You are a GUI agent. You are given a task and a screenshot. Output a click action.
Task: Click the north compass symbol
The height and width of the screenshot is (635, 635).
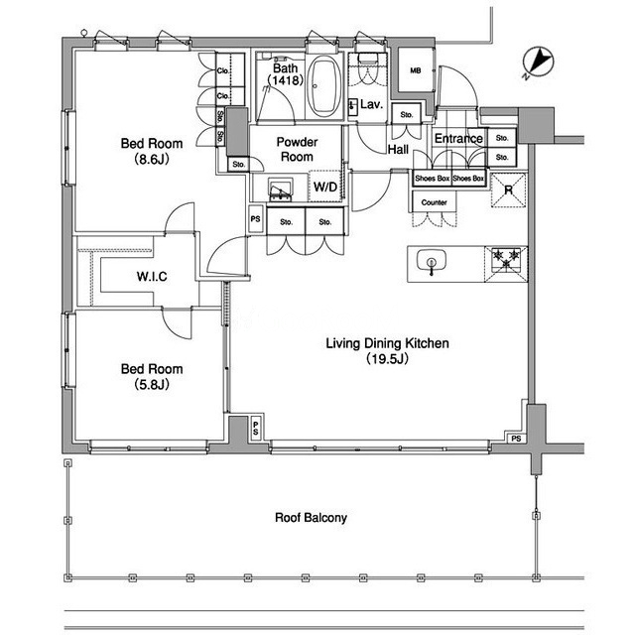[538, 62]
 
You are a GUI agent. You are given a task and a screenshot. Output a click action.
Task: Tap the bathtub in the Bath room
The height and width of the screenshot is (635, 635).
[323, 86]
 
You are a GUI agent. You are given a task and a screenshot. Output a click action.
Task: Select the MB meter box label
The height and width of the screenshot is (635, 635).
[416, 70]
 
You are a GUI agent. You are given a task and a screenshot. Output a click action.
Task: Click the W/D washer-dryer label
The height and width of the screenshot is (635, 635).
[325, 187]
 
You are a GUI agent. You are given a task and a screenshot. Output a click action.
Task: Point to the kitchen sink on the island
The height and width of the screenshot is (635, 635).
[432, 262]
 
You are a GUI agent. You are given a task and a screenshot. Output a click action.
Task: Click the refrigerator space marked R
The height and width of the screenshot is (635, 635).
[508, 190]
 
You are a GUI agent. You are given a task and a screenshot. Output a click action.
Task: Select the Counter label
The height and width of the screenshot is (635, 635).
[435, 202]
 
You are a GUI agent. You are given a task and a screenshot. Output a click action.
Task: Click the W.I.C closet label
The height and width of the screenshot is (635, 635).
[152, 277]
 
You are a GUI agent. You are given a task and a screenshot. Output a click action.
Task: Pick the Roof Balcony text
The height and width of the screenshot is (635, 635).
[311, 518]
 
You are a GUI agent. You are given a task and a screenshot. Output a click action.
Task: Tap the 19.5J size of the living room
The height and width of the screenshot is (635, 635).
[387, 359]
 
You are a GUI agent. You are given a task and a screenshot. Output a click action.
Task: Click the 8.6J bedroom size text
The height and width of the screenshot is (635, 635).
[152, 159]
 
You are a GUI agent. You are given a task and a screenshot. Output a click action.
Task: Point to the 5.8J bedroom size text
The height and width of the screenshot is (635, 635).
[152, 384]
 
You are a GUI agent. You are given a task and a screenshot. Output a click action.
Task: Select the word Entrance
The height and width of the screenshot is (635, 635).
[458, 139]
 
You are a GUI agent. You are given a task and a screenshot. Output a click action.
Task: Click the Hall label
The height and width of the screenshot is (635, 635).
[398, 150]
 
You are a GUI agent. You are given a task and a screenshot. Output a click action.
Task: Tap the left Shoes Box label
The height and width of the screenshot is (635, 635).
[433, 179]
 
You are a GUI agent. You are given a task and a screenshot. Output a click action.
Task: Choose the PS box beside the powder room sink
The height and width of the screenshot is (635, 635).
[256, 219]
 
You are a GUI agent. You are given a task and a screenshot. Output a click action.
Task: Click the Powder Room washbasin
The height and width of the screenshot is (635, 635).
[281, 190]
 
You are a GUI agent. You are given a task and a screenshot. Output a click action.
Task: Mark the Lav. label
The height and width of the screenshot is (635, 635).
[371, 104]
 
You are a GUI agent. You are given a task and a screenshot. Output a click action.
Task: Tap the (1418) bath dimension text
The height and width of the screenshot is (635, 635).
[286, 80]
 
